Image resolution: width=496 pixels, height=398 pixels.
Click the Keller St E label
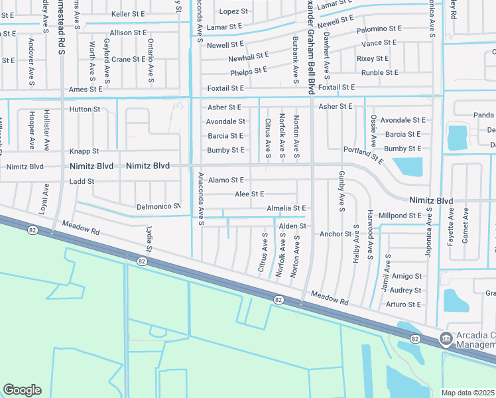pyautogui.click(x=129, y=13)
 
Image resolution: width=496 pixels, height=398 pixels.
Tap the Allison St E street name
pyautogui.click(x=128, y=33)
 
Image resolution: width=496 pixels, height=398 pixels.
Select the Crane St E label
pyautogui.click(x=129, y=59)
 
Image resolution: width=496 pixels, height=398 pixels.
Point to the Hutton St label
pyautogui.click(x=84, y=109)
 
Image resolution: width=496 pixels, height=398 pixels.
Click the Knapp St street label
pyautogui.click(x=84, y=151)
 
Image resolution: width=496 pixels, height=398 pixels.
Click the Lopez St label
pyautogui.click(x=233, y=11)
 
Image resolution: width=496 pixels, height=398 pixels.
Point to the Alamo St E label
pyautogui.click(x=225, y=180)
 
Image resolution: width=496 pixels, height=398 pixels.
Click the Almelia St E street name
pyautogui.click(x=286, y=208)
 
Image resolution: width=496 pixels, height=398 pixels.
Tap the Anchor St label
pyautogui.click(x=335, y=234)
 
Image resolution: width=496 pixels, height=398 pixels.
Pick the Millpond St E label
pyautogui.click(x=401, y=216)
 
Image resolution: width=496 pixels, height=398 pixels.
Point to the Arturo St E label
pyautogui.click(x=405, y=304)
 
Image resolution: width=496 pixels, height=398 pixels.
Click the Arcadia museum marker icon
pyautogui.click(x=446, y=339)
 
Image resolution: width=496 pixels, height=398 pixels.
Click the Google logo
pyautogui.click(x=22, y=390)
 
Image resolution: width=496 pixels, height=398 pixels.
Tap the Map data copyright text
pyautogui.click(x=468, y=393)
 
